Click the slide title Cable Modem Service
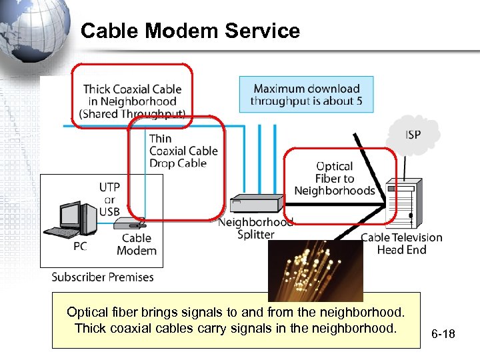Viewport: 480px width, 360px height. pyautogui.click(x=190, y=31)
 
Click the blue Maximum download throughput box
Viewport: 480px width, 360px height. pyautogui.click(x=306, y=95)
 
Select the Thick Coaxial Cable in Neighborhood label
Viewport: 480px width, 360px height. pyautogui.click(x=132, y=101)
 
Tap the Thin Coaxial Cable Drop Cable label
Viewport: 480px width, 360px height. pyautogui.click(x=183, y=151)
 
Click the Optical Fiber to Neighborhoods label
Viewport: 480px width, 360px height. pyautogui.click(x=335, y=179)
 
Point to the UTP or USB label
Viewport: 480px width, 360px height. pyautogui.click(x=109, y=199)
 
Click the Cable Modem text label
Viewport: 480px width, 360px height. pyautogui.click(x=137, y=244)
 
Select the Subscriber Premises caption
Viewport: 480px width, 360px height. pyautogui.click(x=103, y=277)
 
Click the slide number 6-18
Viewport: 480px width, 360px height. pyautogui.click(x=443, y=333)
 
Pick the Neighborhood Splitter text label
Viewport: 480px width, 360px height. pyautogui.click(x=255, y=228)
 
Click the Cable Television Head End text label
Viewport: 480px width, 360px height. pyautogui.click(x=401, y=243)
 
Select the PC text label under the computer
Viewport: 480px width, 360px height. pyautogui.click(x=80, y=246)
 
